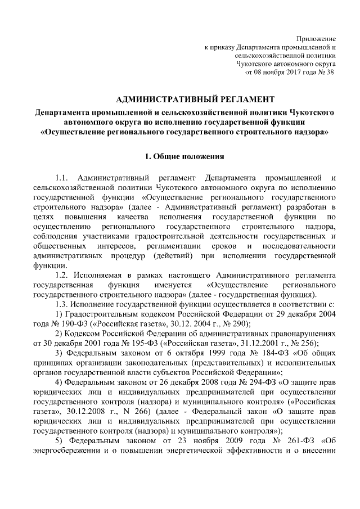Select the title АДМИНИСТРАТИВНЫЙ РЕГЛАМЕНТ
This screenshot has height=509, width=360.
coord(183,99)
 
